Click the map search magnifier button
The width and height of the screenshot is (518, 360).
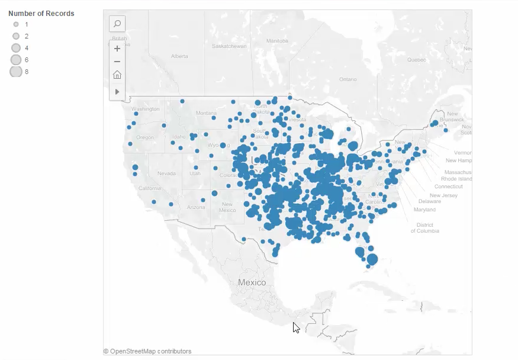(x=117, y=24)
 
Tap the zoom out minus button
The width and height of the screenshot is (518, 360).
(x=117, y=62)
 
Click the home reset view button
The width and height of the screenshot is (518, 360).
(x=117, y=75)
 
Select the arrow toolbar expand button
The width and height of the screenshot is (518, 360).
(x=117, y=92)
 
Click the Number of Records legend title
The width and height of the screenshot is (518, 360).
(x=41, y=14)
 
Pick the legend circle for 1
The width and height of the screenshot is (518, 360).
(x=16, y=25)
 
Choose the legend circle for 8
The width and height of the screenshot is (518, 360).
(x=16, y=72)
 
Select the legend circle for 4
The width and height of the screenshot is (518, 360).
(x=16, y=48)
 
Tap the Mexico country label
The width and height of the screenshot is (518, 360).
(x=252, y=282)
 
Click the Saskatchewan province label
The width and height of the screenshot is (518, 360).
(x=229, y=46)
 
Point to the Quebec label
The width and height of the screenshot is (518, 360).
(x=417, y=60)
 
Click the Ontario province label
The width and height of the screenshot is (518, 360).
(x=348, y=79)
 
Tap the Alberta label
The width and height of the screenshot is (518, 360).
(x=179, y=56)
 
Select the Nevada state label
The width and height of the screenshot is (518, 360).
(x=166, y=173)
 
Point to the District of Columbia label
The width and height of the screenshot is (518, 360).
(x=425, y=228)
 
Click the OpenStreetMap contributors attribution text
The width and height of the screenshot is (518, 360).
(x=147, y=351)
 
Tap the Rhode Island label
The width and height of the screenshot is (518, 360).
(x=456, y=179)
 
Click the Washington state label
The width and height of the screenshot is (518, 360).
(x=146, y=109)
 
